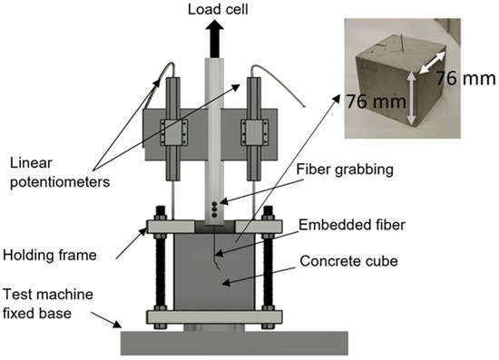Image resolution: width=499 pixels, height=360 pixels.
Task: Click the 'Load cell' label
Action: click(218, 9)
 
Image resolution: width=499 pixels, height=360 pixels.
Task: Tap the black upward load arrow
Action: click(214, 38)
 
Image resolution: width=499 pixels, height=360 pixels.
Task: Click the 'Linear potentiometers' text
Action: click(60, 172)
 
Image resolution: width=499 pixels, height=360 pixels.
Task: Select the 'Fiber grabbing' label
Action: click(345, 170)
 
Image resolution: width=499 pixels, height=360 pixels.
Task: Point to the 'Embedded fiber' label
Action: click(352, 225)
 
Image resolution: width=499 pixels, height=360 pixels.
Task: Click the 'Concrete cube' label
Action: click(348, 261)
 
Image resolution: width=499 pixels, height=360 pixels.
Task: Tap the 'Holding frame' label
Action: click(50, 255)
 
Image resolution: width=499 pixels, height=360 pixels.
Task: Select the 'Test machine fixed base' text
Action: click(48, 304)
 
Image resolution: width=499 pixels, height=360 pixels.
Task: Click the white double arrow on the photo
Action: click(432, 63)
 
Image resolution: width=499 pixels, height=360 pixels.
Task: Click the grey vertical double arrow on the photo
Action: click(411, 98)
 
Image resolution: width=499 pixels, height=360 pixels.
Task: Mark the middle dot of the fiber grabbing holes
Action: click(214, 209)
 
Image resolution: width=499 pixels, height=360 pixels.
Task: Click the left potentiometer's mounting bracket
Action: click(173, 132)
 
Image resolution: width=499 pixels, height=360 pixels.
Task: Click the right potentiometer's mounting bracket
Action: click(254, 132)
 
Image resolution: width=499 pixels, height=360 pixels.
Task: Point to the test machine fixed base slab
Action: click(234, 343)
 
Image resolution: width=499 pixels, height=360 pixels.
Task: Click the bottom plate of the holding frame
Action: click(214, 317)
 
